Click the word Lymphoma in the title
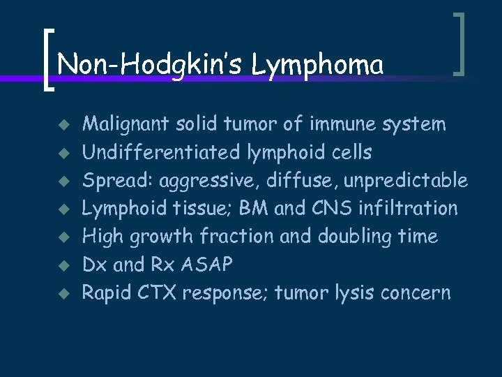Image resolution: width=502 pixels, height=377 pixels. point(317,66)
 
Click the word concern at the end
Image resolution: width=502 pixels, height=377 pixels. point(416,293)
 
